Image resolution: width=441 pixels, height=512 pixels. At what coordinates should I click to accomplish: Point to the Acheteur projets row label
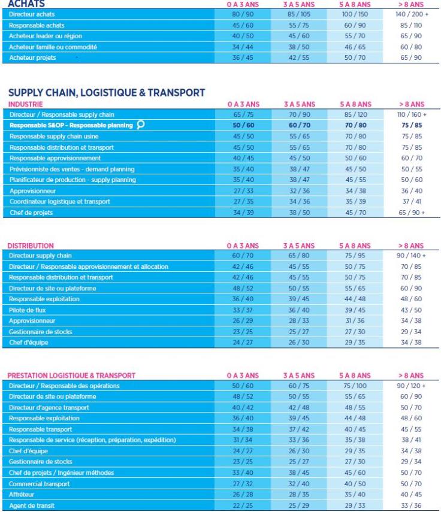29,57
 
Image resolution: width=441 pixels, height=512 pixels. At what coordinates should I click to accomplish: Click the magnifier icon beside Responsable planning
140,125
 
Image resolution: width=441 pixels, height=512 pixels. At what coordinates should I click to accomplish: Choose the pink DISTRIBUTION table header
29,245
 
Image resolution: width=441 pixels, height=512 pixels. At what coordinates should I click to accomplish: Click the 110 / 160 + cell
409,114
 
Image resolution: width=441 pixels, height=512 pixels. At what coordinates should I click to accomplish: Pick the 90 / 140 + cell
409,255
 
